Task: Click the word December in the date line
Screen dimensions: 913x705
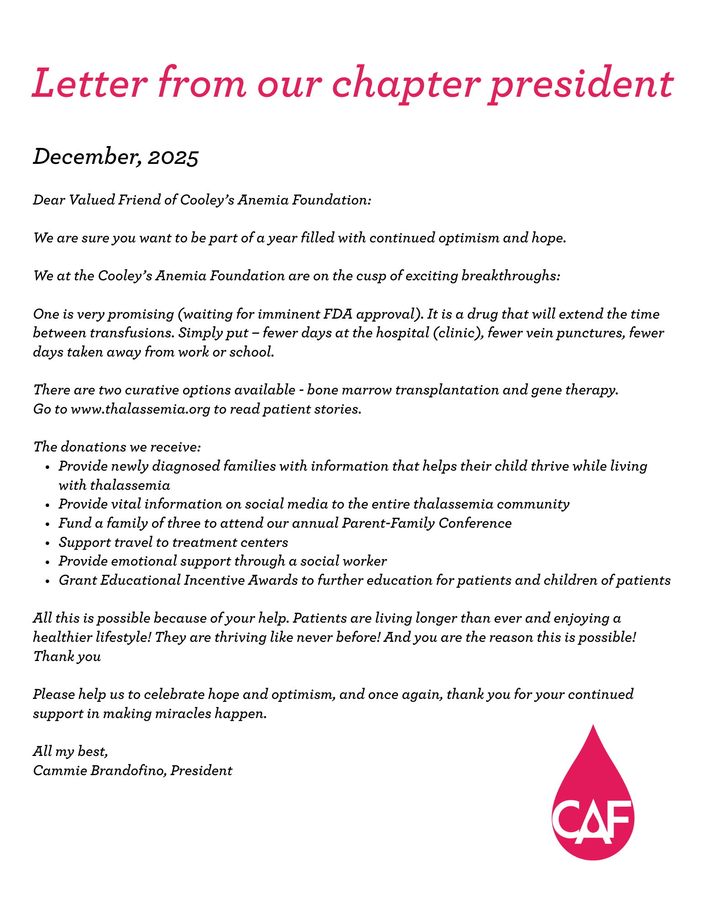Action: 87,157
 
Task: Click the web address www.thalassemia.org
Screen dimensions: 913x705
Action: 141,409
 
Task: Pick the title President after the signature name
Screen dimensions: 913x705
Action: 201,771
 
